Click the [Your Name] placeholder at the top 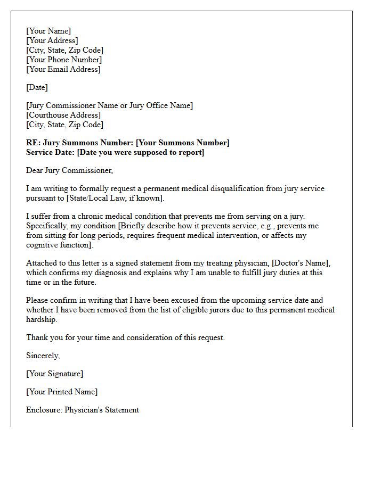pos(48,31)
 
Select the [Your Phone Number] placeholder pos(64,60)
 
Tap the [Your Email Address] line pos(63,69)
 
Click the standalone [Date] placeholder pos(37,87)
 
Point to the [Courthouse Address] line pos(63,115)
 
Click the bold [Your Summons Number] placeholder pos(183,143)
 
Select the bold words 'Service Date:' pos(51,152)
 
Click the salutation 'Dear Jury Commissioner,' pos(70,170)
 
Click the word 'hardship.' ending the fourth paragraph pos(42,319)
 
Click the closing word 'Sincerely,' pos(43,356)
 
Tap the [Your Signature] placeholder pos(54,374)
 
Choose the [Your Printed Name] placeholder pos(62,392)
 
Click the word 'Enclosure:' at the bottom pos(44,410)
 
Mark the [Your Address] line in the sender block pos(52,40)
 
